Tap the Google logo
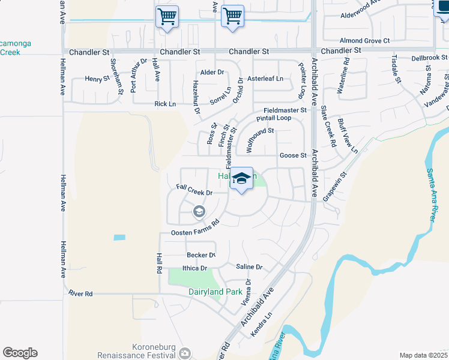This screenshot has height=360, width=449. click(x=20, y=353)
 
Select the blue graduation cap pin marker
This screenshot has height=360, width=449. click(x=241, y=179)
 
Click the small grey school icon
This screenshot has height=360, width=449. click(x=199, y=211)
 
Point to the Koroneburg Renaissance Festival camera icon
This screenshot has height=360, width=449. click(x=185, y=354)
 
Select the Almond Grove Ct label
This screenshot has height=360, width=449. click(x=365, y=41)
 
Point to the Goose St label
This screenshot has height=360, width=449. click(x=293, y=155)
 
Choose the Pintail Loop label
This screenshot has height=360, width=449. click(x=274, y=118)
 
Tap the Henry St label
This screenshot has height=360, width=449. click(x=97, y=79)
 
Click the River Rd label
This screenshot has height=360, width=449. click(x=80, y=293)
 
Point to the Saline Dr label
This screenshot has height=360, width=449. click(x=249, y=267)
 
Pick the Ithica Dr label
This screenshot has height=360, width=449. click(x=194, y=268)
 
